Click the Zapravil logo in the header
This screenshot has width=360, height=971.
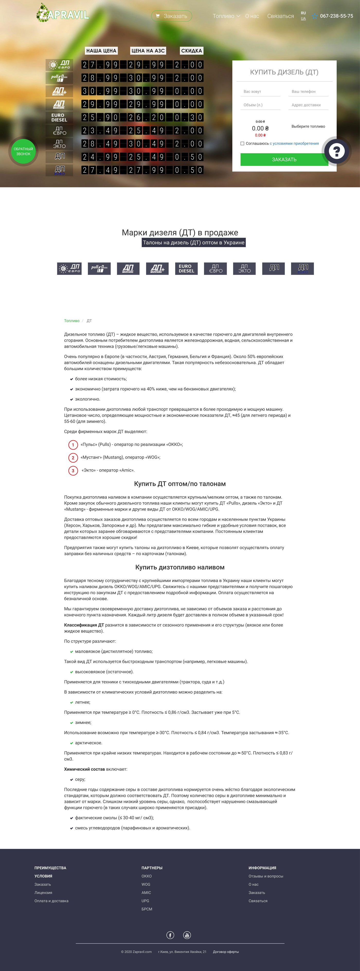tap(62, 13)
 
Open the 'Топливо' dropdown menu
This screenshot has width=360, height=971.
tap(226, 16)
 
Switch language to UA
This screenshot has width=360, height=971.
tap(303, 19)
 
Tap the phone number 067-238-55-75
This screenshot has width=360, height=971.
tap(336, 16)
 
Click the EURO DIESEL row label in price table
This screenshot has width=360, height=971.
tap(59, 117)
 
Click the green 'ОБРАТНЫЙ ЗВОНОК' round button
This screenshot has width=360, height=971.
tap(23, 151)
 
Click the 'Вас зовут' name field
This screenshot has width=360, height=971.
tap(260, 92)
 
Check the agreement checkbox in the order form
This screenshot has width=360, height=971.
tap(242, 144)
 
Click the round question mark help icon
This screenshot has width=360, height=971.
tap(336, 151)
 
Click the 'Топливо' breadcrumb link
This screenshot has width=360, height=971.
tap(72, 321)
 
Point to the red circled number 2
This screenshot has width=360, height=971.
tap(73, 458)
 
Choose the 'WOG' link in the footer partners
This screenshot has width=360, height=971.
tap(146, 884)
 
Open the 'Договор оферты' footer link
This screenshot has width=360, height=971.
tap(226, 952)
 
